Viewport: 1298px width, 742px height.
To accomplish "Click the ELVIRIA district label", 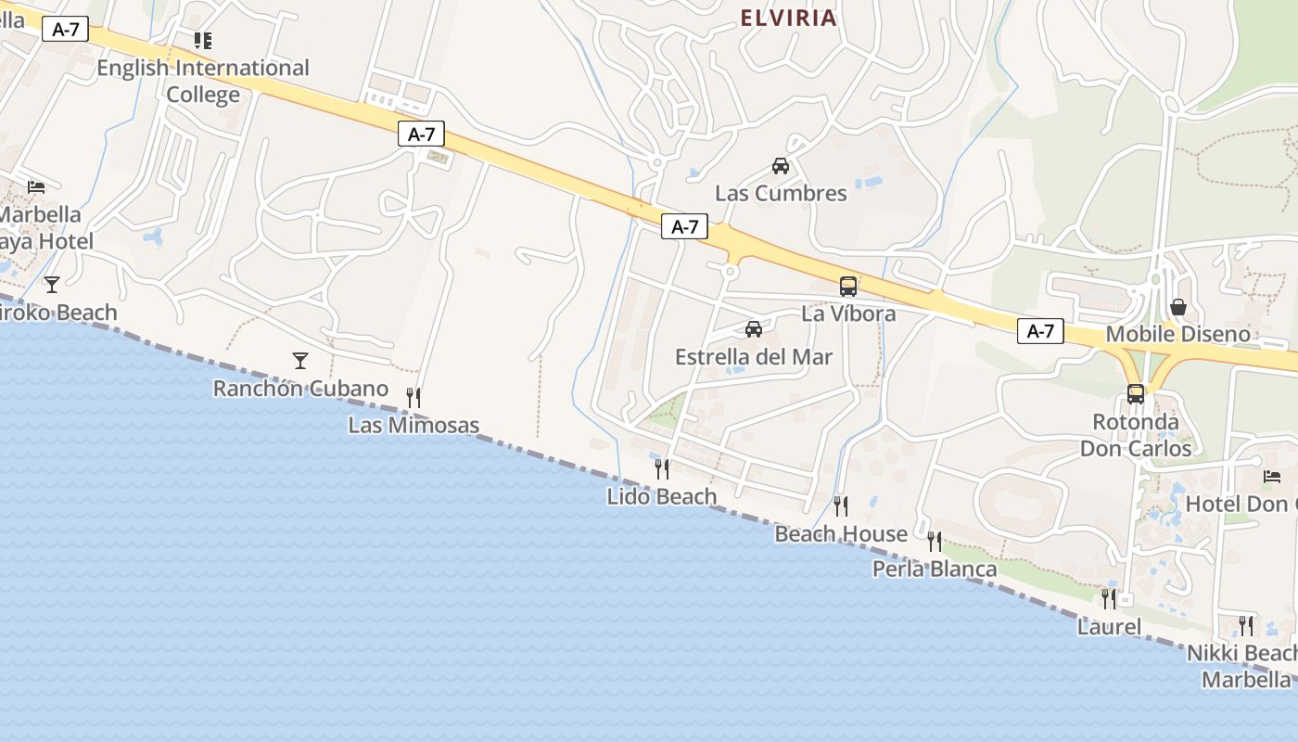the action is coord(788,19).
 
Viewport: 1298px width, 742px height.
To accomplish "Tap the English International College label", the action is coord(203,81).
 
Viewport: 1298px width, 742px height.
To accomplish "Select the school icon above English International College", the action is coord(203,40).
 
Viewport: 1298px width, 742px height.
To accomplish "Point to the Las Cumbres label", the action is coord(781,193).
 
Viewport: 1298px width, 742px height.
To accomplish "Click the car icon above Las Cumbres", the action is coord(781,166).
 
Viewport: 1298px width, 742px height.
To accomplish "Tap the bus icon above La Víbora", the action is coord(848,286).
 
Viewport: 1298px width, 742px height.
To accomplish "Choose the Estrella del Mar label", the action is coord(754,357).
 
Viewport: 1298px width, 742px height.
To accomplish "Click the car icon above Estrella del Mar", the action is coord(754,329).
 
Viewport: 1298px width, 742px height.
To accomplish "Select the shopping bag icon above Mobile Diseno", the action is coord(1178,306).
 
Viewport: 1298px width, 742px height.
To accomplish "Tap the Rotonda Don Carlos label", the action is coord(1136,435).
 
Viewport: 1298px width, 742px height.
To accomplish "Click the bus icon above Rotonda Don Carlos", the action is coord(1136,393).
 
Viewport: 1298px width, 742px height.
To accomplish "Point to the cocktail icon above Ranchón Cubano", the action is coord(300,360).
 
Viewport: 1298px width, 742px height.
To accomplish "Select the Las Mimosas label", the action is coord(414,426).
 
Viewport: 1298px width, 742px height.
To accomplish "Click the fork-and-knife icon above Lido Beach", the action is coord(662,468).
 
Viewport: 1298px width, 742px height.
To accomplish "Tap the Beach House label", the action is coord(841,533).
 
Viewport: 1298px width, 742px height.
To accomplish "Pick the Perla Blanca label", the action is coord(935,569).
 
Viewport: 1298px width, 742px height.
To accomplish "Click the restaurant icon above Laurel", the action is coord(1109,598).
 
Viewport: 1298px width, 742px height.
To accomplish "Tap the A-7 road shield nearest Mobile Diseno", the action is coord(1040,331).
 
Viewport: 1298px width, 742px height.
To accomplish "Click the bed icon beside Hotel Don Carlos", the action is coord(1272,477).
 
